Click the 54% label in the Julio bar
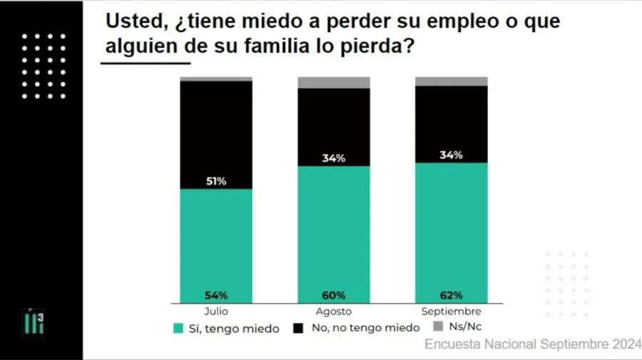216,295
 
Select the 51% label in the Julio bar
216,181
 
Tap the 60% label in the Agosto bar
334,295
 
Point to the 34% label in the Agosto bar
334,158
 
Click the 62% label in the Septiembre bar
452,295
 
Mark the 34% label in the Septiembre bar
452,155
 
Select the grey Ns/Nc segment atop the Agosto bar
334,83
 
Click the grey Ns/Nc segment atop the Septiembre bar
452,81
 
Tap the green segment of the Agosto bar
334,228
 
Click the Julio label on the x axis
216,312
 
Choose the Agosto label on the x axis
334,312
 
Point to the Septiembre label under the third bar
452,312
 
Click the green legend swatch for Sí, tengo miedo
178,328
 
